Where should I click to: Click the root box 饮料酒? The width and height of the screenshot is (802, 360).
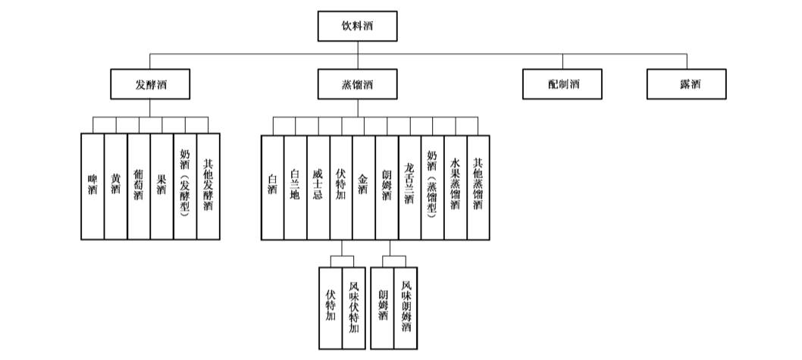pos(357,26)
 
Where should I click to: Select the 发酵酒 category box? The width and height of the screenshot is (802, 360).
pos(150,84)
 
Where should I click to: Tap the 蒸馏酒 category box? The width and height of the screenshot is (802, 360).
pos(357,84)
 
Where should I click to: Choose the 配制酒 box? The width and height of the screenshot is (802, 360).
pos(562,84)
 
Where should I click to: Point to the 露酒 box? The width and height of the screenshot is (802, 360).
pos(687,84)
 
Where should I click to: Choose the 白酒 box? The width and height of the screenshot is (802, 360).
pos(273,187)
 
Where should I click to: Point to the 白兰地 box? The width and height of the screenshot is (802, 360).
pos(296,187)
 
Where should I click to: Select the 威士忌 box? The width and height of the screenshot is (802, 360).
pos(318,187)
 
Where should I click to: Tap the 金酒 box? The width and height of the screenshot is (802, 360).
pos(364,187)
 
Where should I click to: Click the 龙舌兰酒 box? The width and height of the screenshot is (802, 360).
pos(409,187)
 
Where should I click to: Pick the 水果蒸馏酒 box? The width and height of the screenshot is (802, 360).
pos(455,187)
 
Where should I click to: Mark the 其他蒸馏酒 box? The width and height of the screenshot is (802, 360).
pos(478,187)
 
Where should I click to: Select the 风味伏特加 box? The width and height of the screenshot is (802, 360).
pos(353,308)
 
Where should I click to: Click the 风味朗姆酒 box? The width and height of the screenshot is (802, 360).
pos(406,308)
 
